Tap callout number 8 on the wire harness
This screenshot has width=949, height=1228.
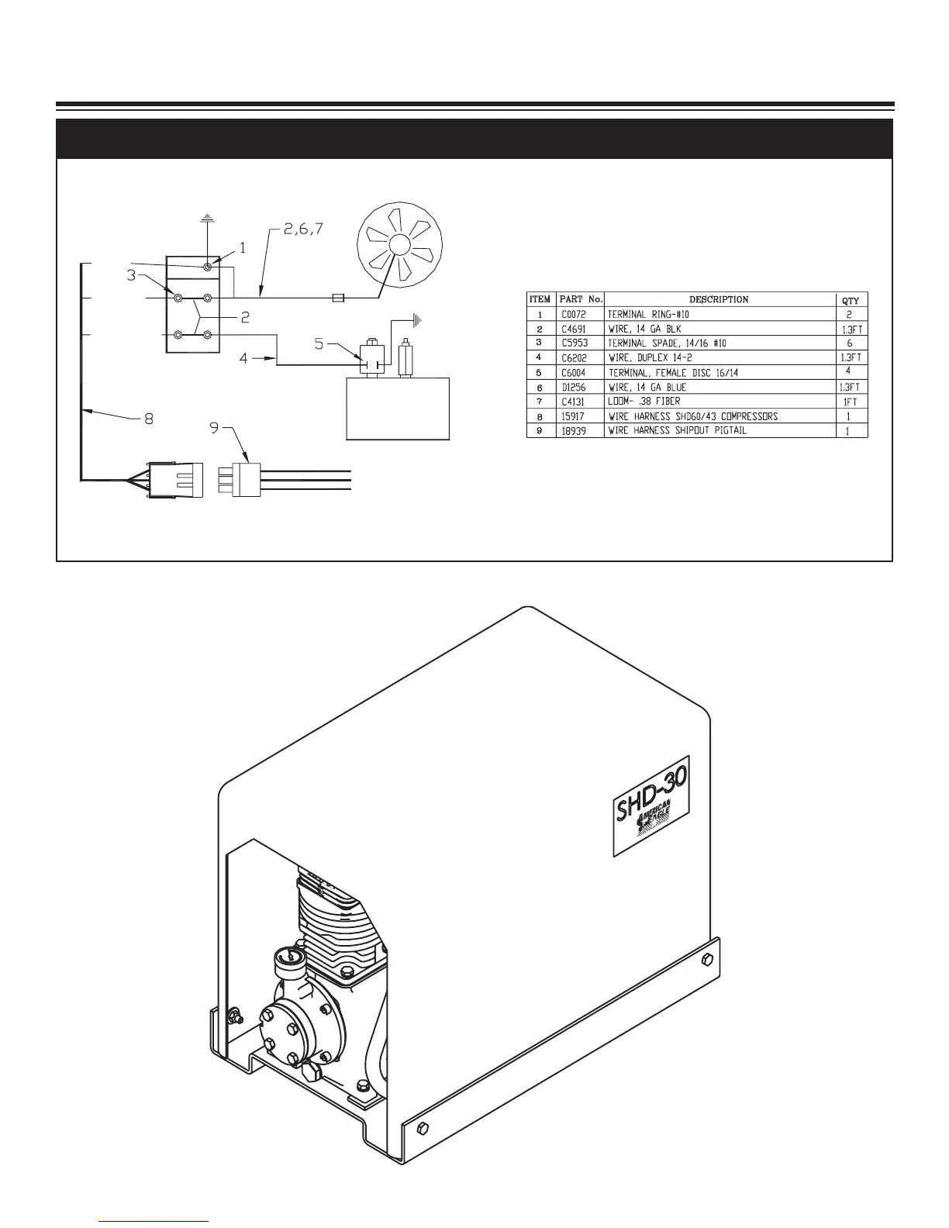(x=148, y=419)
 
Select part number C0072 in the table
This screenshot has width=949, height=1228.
(x=574, y=314)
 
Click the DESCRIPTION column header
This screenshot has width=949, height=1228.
(x=719, y=299)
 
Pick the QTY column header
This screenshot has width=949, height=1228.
(x=851, y=301)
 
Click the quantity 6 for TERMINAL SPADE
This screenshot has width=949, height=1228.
(x=851, y=343)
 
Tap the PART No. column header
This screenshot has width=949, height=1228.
(x=581, y=299)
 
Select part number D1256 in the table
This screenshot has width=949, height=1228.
(x=574, y=387)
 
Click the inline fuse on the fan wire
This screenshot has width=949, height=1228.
(x=338, y=297)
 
